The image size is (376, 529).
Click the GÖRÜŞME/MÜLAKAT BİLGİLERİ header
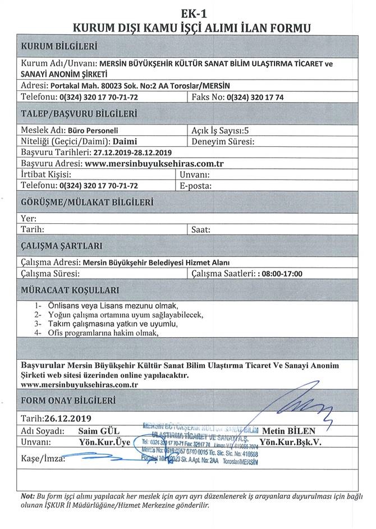click(87, 203)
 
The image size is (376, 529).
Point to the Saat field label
click(200, 229)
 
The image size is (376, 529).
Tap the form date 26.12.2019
click(66, 418)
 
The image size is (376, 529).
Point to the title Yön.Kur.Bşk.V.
click(290, 442)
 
